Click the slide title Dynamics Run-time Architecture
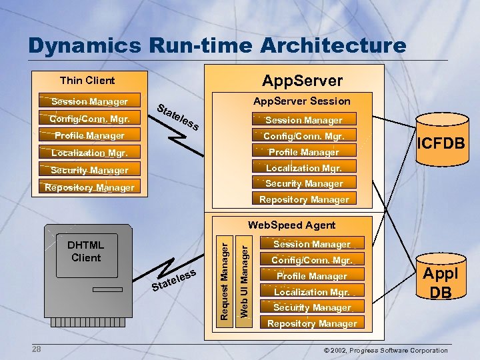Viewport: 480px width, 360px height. tap(217, 45)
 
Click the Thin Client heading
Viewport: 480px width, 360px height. tap(87, 81)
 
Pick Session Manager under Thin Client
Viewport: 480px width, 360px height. tap(89, 101)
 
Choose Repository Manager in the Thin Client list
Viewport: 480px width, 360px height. tap(89, 187)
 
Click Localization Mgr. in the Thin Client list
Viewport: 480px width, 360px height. tap(89, 153)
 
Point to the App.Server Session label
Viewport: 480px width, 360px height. tap(301, 101)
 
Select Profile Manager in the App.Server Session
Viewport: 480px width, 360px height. tap(303, 152)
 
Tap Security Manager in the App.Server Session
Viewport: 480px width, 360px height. tap(303, 183)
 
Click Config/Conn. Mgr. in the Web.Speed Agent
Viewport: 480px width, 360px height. tap(311, 260)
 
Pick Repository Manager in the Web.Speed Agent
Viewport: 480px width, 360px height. tap(311, 324)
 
